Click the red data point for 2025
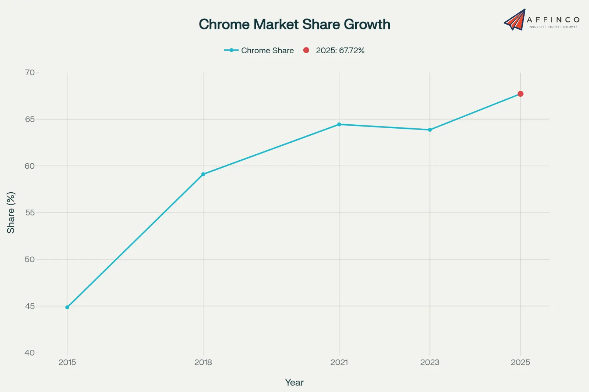coord(520,94)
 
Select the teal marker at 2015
coord(67,307)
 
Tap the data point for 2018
coord(203,174)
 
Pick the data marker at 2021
coord(339,124)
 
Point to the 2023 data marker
coord(430,130)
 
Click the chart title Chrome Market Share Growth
coord(294,24)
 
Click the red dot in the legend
coord(306,50)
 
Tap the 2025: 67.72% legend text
coord(340,50)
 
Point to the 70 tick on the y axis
coord(30,72)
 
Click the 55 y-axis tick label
coord(30,213)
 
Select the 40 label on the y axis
coord(30,353)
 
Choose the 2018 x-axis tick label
coord(203,362)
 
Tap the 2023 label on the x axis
coord(430,362)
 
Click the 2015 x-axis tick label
coord(67,362)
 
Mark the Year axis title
coord(294,382)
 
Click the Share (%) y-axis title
coord(11,213)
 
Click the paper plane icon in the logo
coord(515,20)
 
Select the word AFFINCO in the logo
coord(553,19)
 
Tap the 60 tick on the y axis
coord(30,166)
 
